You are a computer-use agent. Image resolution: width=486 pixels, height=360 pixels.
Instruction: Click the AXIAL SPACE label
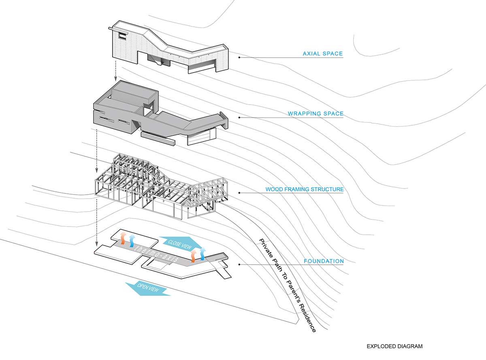point(323,54)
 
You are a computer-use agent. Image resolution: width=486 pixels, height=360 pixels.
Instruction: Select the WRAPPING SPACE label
point(315,114)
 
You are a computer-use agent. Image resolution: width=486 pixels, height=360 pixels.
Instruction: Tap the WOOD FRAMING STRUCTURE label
point(305,189)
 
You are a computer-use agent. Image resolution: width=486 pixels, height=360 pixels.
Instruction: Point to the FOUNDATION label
point(324,261)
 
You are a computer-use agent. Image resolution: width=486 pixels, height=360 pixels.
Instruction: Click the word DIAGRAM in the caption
point(410,347)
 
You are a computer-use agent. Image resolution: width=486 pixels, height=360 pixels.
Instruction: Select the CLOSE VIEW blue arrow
point(180,244)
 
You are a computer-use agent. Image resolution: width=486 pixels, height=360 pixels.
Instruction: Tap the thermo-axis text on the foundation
point(156,253)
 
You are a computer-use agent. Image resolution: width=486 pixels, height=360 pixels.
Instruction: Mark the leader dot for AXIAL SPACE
point(240,58)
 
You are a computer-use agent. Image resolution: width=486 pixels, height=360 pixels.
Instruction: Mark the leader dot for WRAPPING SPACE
point(240,118)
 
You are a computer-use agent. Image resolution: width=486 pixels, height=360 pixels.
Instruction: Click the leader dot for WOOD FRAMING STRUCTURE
point(240,193)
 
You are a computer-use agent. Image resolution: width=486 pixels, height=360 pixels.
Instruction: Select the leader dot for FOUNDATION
point(240,265)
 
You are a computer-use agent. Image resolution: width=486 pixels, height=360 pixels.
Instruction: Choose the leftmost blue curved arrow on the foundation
point(132,240)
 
